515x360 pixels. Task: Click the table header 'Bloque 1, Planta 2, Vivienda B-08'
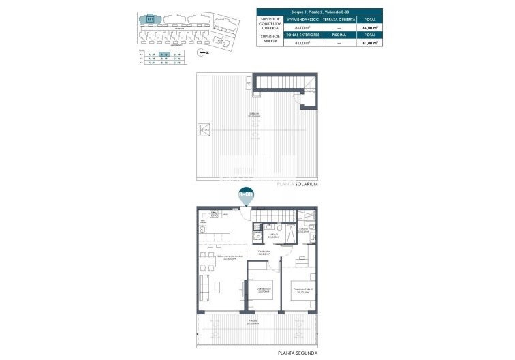pyautogui.click(x=319, y=12)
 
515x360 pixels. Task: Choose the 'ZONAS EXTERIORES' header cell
pyautogui.click(x=303, y=35)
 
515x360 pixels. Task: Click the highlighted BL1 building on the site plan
pyautogui.click(x=151, y=19)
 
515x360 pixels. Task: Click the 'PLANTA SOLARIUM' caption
pyautogui.click(x=298, y=184)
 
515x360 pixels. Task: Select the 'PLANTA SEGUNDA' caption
pyautogui.click(x=297, y=352)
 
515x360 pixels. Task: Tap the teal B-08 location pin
pyautogui.click(x=246, y=195)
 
